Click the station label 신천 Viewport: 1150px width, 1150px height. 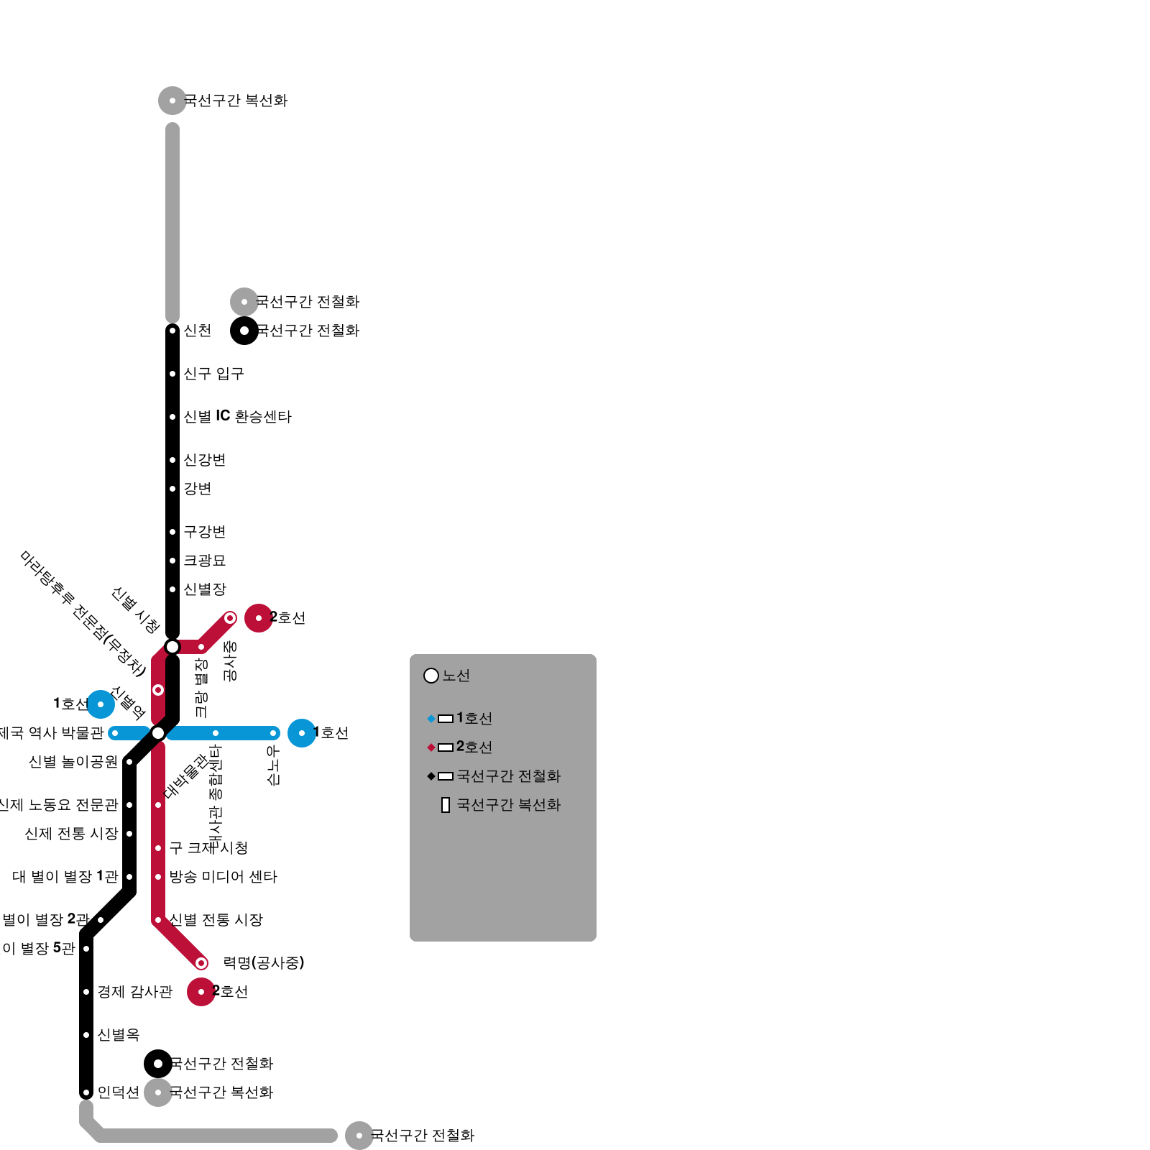197,331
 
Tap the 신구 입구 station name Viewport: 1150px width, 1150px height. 213,374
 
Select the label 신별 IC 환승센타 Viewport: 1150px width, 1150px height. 237,417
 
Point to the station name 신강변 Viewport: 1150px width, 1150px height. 204,460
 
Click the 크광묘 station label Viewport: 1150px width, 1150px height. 204,561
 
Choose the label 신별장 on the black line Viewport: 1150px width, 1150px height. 204,589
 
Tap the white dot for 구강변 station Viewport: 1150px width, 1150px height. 172,532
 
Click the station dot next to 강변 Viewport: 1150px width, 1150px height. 172,489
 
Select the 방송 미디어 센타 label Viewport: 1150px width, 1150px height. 223,877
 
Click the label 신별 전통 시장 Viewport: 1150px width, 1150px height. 216,920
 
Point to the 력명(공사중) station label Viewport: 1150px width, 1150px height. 264,963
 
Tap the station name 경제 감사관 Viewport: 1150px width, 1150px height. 135,992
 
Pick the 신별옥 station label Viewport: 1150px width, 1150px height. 118,1035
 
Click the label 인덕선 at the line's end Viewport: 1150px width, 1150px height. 118,1092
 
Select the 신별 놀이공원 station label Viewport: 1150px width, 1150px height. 73,762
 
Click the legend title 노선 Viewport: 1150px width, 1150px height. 456,676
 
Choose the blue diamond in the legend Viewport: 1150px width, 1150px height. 431,719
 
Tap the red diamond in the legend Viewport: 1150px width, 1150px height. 431,747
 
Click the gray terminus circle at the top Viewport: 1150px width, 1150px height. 172,101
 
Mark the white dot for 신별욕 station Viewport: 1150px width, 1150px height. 86,1035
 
